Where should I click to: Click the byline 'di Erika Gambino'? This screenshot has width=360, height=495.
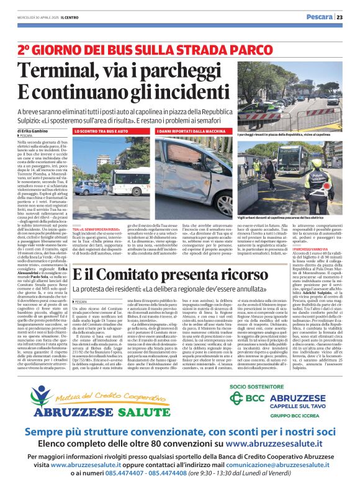pos(32,132)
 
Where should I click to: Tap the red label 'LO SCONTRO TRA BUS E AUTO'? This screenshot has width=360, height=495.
pos(101,132)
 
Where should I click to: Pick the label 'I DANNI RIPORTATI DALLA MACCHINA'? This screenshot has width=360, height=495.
pos(191,132)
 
